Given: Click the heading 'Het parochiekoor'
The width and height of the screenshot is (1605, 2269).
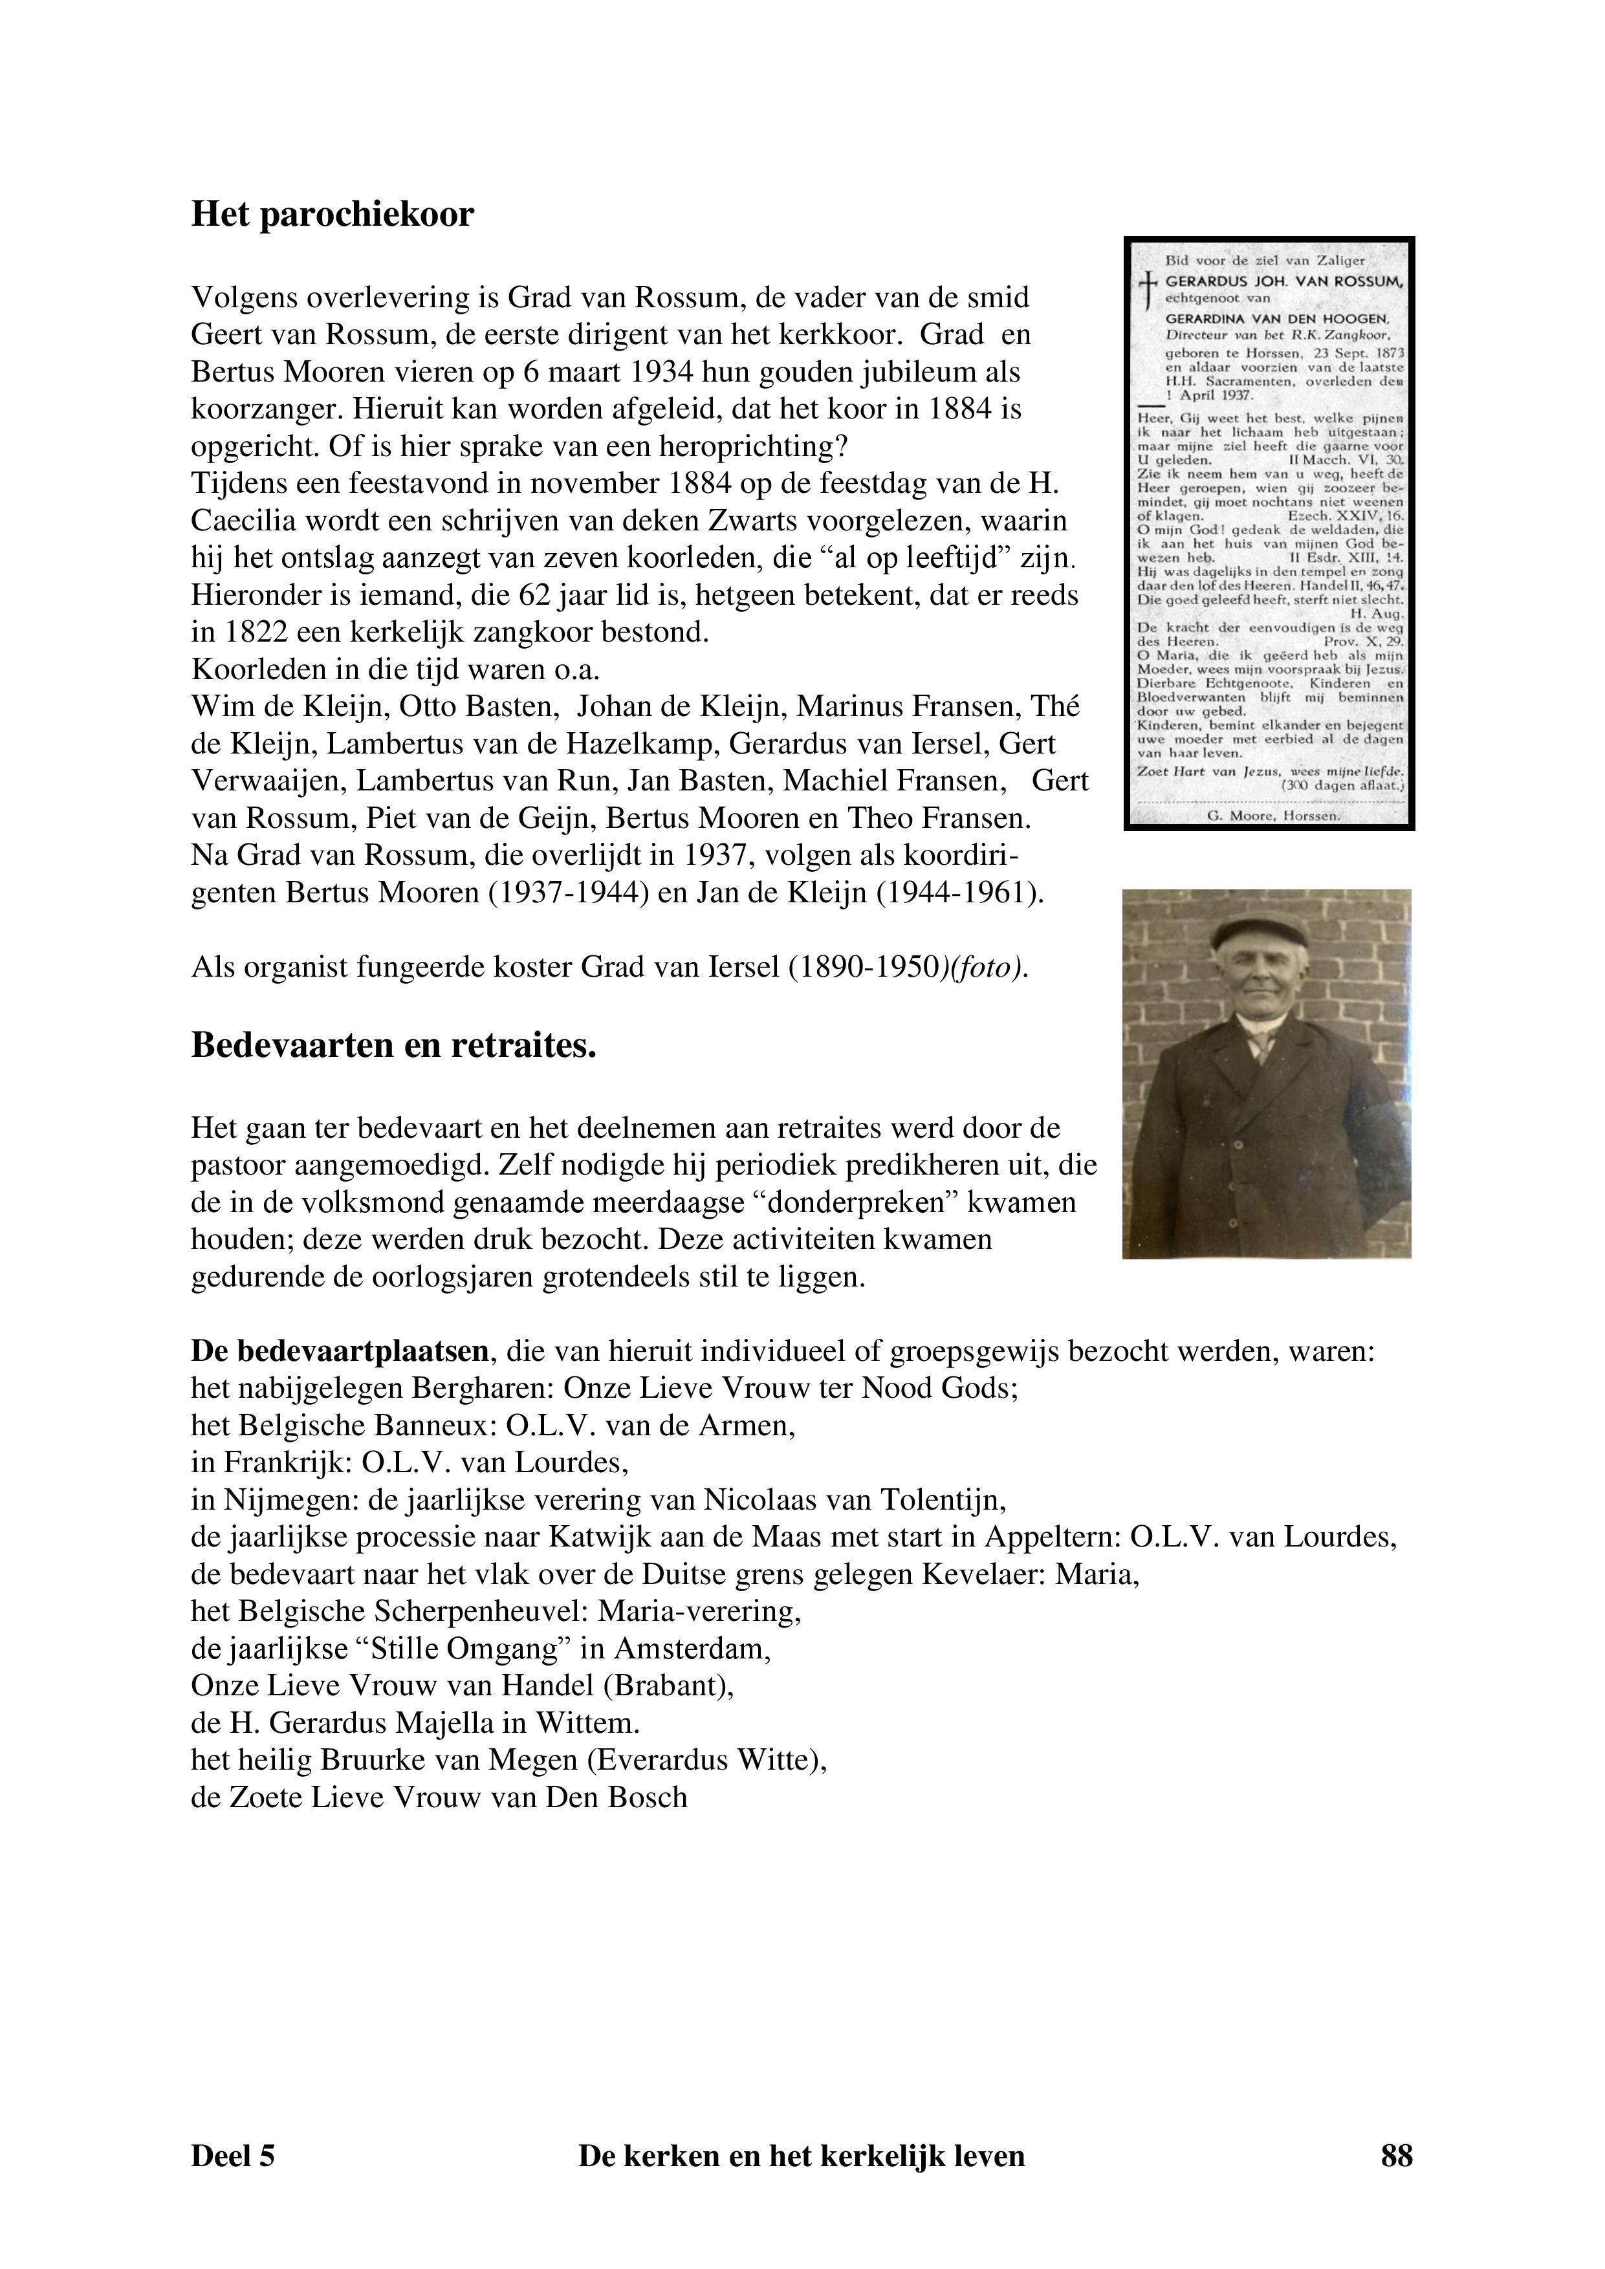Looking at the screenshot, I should click(332, 215).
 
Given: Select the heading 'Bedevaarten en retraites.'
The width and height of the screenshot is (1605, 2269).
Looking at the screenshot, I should click(393, 1045).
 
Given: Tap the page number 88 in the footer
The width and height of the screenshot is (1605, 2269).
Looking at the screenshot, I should click(1395, 2155).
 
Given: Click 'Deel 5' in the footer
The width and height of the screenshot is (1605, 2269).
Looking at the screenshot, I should click(234, 2155).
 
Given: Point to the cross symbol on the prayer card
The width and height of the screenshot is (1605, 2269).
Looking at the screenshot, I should click(1146, 288).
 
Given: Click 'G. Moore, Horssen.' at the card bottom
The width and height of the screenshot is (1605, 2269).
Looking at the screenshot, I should click(1274, 816).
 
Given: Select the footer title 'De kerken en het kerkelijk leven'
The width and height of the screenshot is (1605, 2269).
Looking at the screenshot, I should click(802, 2155).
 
